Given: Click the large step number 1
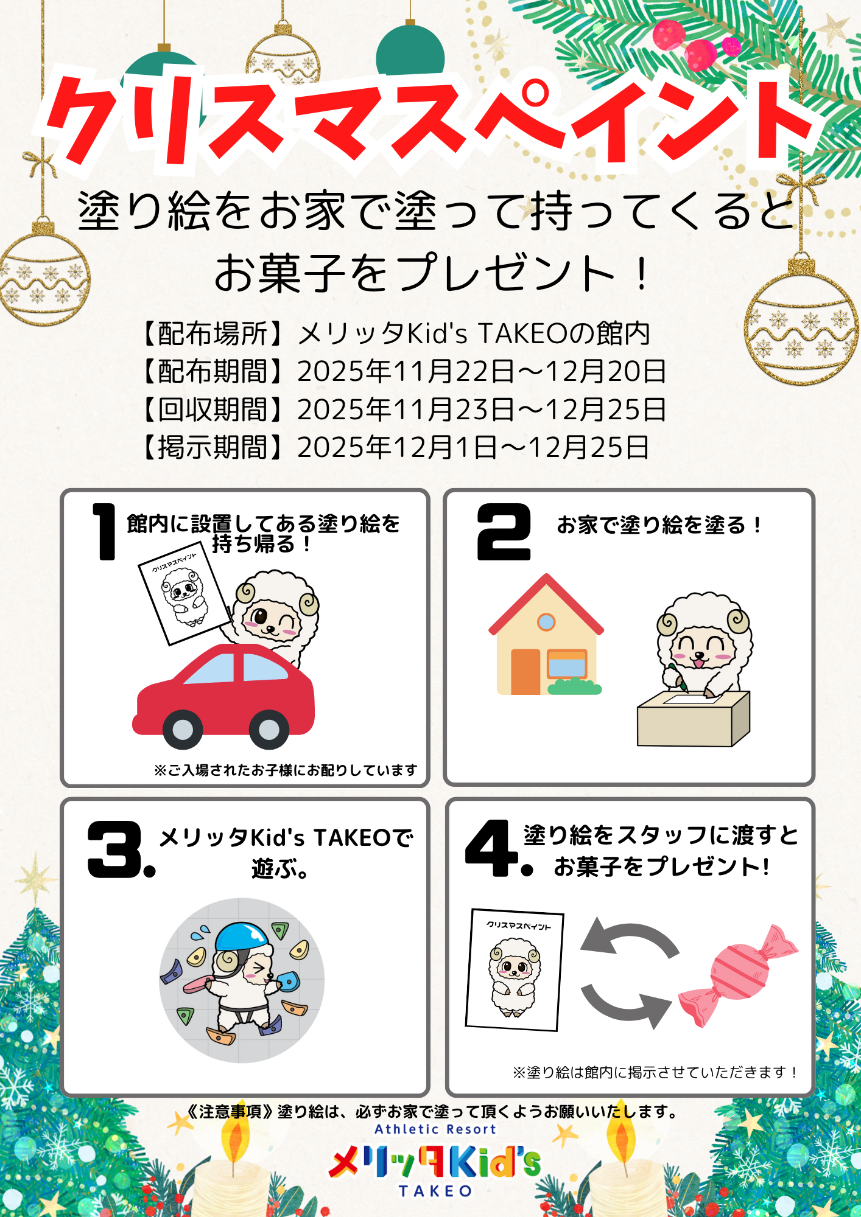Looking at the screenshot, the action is [105, 531].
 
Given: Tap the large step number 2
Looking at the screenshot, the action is [504, 532].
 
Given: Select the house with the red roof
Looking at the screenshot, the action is [546, 634].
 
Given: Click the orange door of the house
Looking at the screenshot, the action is [525, 672].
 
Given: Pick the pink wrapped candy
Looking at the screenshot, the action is [738, 976].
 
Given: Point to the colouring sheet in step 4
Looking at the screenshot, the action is [515, 970].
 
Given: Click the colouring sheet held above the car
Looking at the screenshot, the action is [184, 593].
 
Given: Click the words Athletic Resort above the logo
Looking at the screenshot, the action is [435, 1129].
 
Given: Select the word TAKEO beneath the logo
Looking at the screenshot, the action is [435, 1191].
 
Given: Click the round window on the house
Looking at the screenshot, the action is [546, 622].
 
